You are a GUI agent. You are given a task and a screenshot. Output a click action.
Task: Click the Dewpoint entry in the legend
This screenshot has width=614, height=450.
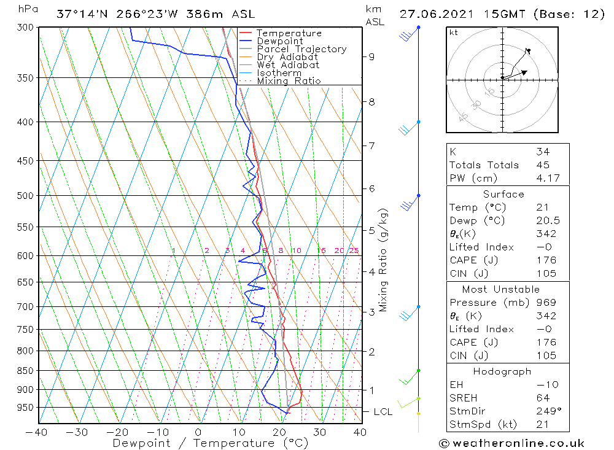[279, 41]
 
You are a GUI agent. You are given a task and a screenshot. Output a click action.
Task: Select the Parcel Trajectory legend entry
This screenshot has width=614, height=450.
[301, 49]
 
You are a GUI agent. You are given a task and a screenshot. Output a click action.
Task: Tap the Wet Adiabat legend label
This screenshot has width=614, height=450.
[287, 65]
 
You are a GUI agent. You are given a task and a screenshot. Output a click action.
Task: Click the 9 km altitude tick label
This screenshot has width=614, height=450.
[371, 56]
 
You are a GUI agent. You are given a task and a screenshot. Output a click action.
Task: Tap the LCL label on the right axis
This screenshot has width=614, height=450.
[383, 412]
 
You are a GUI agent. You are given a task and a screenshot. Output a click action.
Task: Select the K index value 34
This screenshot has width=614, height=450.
[543, 152]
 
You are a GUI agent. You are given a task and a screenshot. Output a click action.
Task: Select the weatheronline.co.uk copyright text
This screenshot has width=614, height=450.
[511, 443]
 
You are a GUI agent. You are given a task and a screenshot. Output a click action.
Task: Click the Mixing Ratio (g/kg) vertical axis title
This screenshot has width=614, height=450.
[383, 261]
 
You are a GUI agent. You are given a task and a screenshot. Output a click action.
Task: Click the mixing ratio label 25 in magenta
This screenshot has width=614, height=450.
[354, 250]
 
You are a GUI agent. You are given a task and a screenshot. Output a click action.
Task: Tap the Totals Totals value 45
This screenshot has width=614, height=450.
[543, 165]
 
